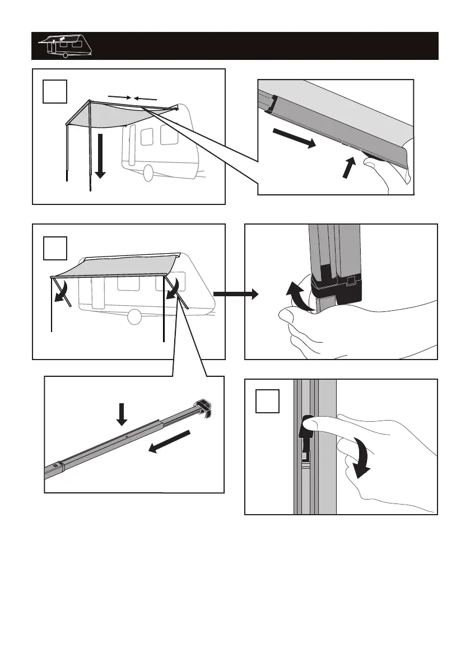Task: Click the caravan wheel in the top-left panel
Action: click(x=148, y=174)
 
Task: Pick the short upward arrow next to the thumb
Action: click(x=350, y=169)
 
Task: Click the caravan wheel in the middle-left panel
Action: click(x=134, y=317)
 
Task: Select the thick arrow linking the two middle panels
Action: click(x=235, y=293)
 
